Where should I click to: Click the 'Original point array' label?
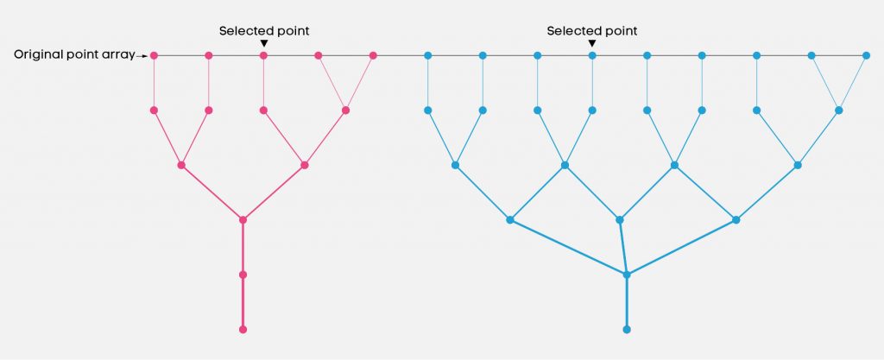74,55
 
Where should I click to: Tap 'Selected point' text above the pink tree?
264,31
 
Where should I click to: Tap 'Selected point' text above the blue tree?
592,31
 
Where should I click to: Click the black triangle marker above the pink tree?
264,43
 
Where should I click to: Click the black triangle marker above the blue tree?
592,43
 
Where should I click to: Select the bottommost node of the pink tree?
243,330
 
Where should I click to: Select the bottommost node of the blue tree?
627,330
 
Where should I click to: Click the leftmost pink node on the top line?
154,55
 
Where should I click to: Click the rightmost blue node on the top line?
867,55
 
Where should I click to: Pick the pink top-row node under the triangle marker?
263,55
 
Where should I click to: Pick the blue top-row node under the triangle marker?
592,55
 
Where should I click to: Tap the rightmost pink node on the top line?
373,55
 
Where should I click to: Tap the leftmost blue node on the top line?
428,55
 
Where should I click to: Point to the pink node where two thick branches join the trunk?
243,220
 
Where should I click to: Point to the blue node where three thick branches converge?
627,275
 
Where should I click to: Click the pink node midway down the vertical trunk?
243,275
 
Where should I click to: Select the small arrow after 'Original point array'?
142,56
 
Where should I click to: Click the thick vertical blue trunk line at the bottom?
627,302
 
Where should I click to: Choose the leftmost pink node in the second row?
154,111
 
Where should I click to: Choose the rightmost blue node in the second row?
839,111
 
